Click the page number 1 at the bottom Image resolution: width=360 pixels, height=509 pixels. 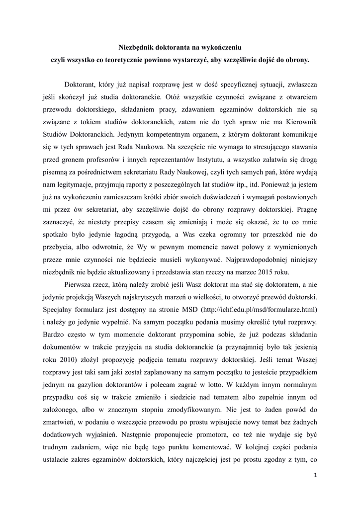(315, 474)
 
